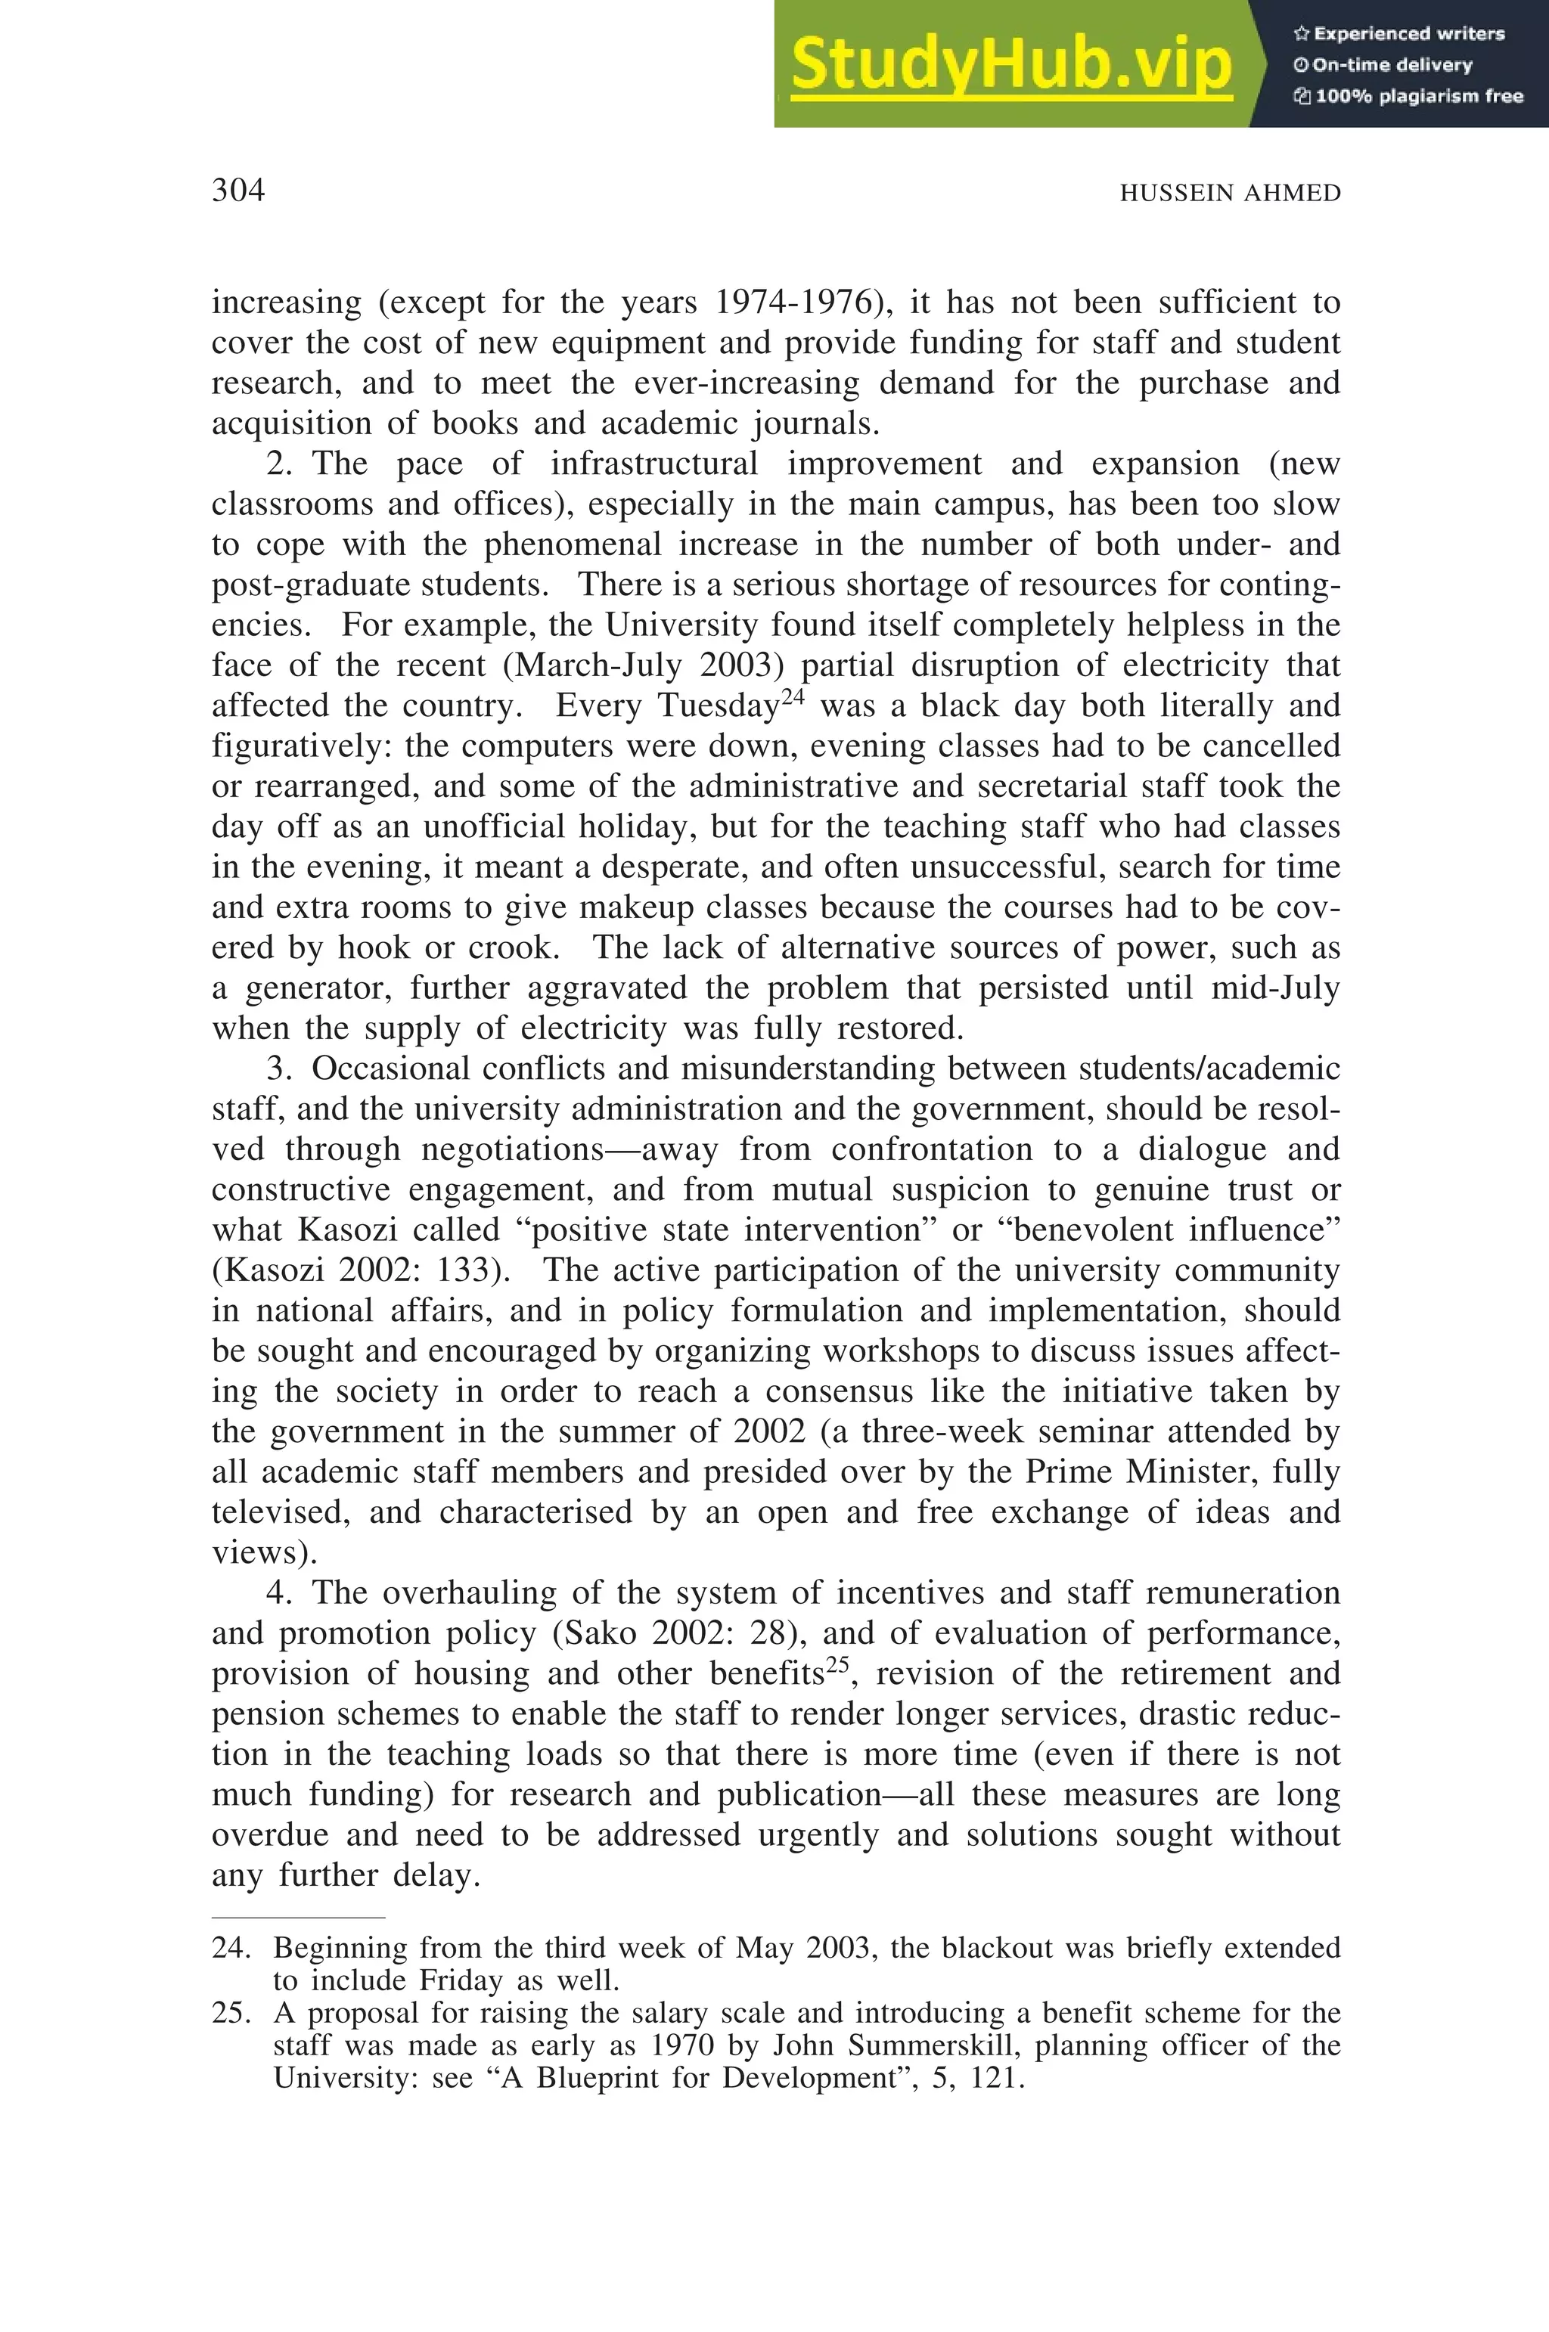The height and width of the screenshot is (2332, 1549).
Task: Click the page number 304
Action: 238,190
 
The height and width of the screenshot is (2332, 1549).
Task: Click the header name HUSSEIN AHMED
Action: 1230,194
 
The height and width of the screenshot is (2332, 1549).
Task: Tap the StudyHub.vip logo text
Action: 1010,65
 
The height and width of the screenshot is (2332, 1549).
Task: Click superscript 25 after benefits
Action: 838,1665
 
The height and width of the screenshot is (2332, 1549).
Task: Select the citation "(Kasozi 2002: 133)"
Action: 361,1270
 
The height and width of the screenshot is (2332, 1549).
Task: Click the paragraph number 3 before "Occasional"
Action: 275,1068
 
